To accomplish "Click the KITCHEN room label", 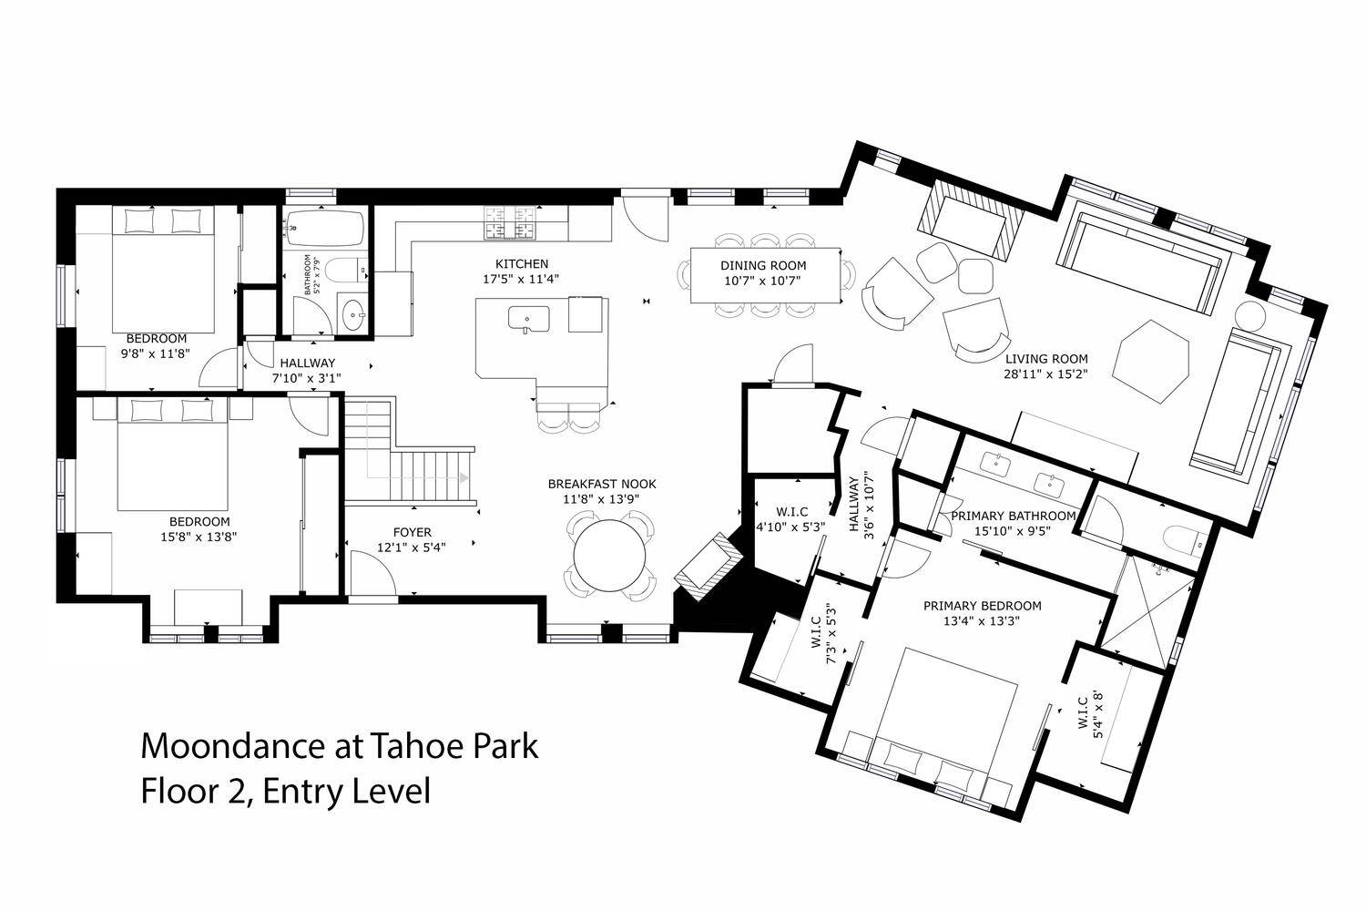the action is [x=522, y=263].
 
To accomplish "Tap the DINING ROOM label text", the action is [x=763, y=265].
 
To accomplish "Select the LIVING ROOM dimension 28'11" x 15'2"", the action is [x=1045, y=374].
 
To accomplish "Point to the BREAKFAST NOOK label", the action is [x=602, y=484].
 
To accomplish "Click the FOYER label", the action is [x=412, y=532].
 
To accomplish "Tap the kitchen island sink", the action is [x=528, y=319].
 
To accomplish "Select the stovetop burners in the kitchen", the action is [x=507, y=222].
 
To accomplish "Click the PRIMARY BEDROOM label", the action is [x=982, y=606].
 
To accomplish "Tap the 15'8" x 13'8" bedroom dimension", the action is [x=199, y=537].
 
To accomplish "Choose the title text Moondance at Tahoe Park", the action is [x=340, y=745].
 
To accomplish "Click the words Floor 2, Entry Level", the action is [x=286, y=792].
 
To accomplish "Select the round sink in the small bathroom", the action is [x=353, y=316].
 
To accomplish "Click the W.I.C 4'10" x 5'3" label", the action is [x=791, y=518].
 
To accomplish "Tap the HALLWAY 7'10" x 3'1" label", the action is [x=307, y=371].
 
